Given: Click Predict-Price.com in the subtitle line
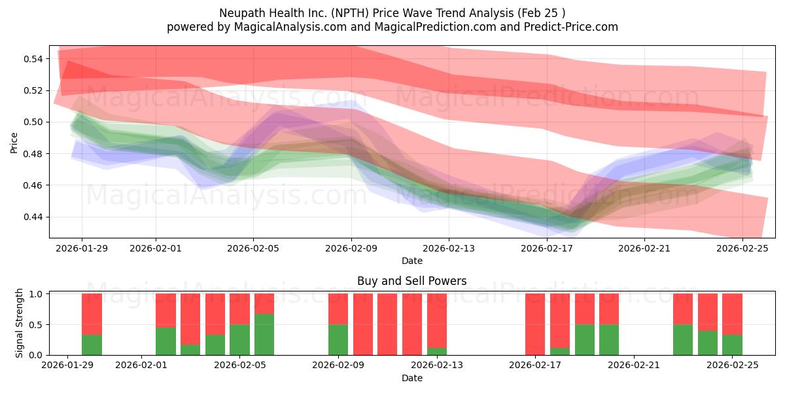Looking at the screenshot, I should [x=568, y=27].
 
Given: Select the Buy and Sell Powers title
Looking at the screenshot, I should [x=411, y=281].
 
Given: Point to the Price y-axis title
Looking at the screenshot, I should [x=14, y=142].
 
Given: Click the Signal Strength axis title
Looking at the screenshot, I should [x=20, y=323].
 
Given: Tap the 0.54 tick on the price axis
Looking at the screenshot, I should [x=33, y=59].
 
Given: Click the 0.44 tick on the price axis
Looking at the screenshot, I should [x=33, y=217].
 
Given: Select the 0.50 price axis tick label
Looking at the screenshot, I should [x=33, y=122].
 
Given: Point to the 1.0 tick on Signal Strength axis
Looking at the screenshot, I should [x=36, y=294].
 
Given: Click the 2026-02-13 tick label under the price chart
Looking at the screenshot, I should [x=449, y=248].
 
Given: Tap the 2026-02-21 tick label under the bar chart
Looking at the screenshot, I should [x=634, y=365].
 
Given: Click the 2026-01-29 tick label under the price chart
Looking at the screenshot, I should [x=82, y=248].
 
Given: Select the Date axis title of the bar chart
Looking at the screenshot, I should [x=411, y=378].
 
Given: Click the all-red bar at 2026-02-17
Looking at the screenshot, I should [x=535, y=324].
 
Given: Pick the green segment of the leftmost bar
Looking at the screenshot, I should [x=92, y=345].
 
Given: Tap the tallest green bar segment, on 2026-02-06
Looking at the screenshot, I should [x=264, y=335].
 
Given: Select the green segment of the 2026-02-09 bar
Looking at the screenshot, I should [x=338, y=340].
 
